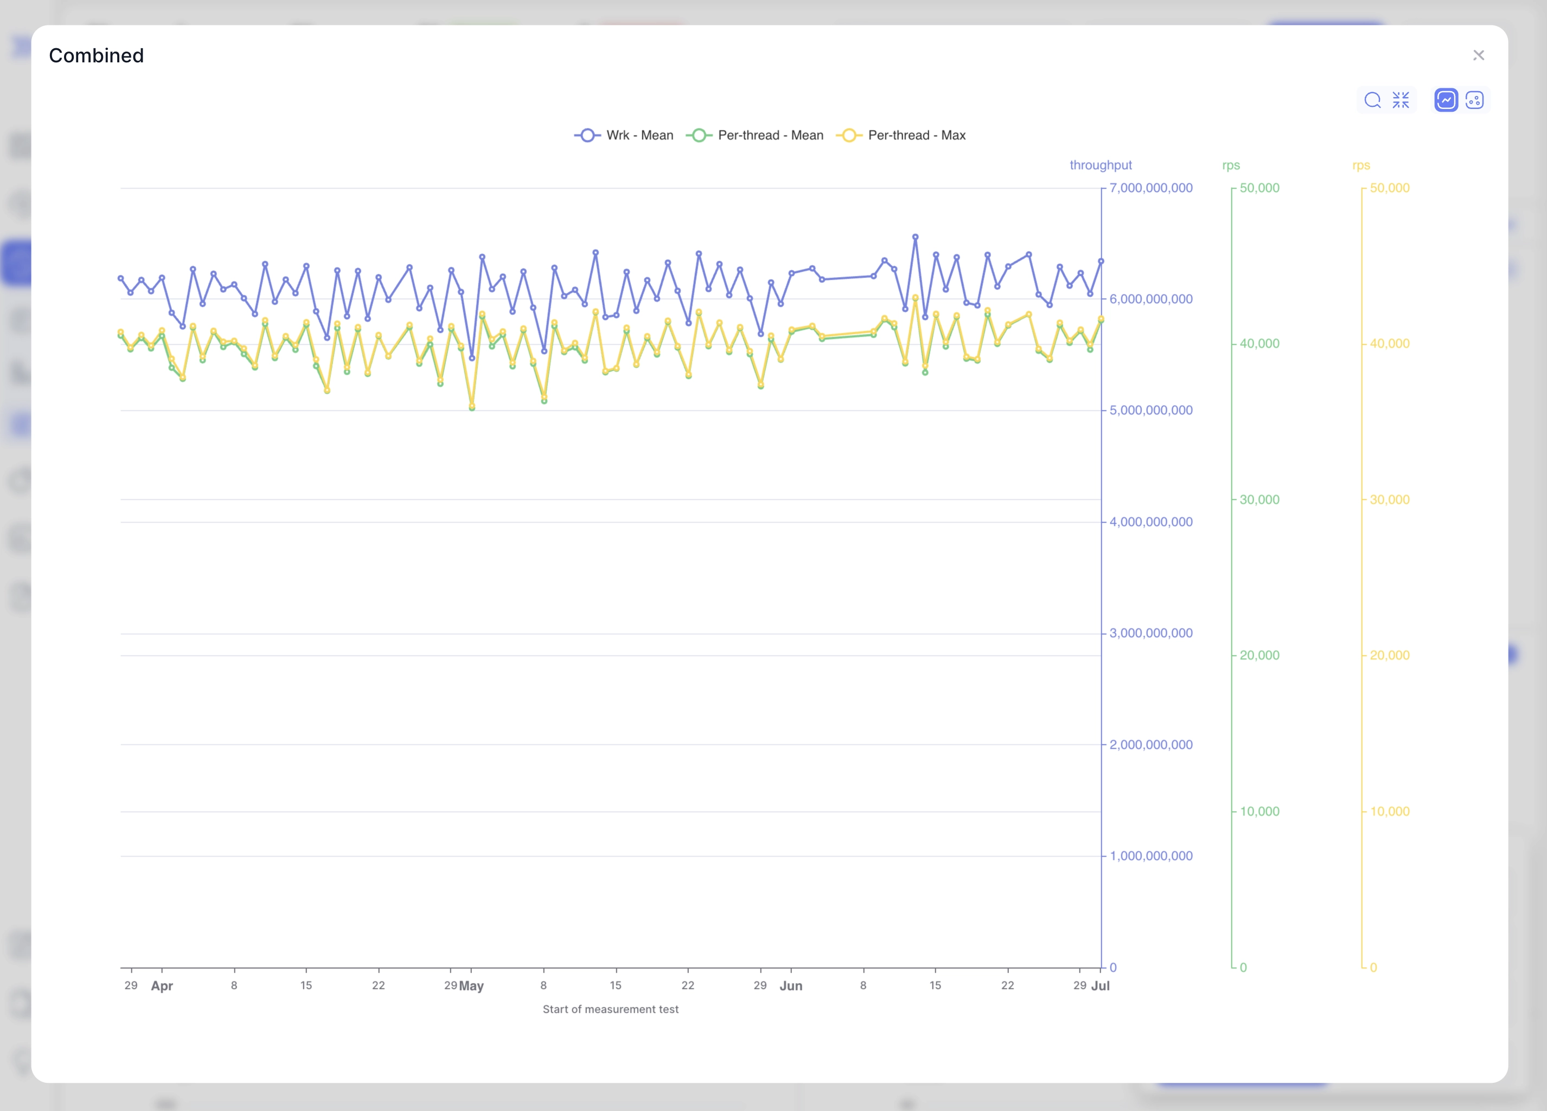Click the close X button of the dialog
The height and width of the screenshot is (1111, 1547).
click(x=1478, y=55)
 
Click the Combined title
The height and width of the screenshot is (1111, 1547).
click(x=96, y=55)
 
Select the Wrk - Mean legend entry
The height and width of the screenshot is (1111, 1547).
click(x=624, y=135)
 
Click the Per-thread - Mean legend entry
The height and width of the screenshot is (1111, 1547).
click(x=756, y=135)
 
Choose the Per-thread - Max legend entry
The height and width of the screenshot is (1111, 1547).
click(x=902, y=135)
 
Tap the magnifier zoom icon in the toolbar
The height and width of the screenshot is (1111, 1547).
click(x=1372, y=100)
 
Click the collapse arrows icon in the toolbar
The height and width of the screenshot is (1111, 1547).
click(x=1401, y=100)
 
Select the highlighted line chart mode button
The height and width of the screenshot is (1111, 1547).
click(x=1446, y=100)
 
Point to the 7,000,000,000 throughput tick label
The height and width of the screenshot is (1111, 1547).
click(x=1150, y=188)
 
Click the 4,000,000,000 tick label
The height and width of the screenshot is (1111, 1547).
click(x=1150, y=522)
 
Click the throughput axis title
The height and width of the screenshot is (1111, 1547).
click(x=1100, y=165)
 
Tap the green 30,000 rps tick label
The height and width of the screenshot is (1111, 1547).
click(x=1259, y=499)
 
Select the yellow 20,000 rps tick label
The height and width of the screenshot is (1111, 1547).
click(x=1390, y=655)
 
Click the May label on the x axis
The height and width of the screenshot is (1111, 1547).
click(x=471, y=986)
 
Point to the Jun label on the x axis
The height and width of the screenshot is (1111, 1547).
click(x=790, y=986)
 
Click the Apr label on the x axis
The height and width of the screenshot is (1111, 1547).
click(x=162, y=986)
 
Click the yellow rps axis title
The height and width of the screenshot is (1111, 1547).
click(x=1361, y=165)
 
